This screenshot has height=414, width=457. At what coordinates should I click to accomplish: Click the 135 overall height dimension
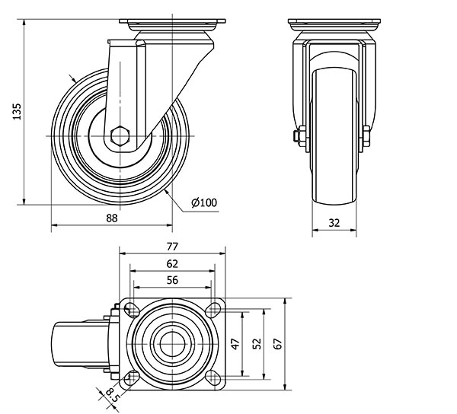17,111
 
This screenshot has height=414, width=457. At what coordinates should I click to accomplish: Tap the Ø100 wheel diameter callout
204,202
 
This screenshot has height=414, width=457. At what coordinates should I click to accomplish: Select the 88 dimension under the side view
112,218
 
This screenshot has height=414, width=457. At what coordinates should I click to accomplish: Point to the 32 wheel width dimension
334,223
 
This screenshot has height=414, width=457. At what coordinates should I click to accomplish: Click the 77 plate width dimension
172,247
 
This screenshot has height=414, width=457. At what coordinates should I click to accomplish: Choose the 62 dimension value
172,264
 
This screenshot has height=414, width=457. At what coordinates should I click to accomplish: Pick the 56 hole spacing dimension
172,280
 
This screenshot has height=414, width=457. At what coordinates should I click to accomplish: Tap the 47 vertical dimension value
236,343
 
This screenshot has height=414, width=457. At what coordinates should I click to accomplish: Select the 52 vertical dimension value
257,343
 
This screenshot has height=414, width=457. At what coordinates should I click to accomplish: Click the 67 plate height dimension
278,343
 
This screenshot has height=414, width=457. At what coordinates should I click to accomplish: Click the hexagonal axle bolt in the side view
120,135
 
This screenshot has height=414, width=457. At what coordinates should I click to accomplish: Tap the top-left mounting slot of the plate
131,310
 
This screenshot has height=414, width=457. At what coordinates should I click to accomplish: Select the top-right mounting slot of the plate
213,310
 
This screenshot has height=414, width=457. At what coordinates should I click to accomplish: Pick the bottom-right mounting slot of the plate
213,377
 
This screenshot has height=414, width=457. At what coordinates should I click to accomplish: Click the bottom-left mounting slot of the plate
131,377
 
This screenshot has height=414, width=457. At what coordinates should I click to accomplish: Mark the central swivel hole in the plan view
172,343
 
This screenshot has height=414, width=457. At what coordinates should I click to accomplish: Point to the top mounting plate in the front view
334,21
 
